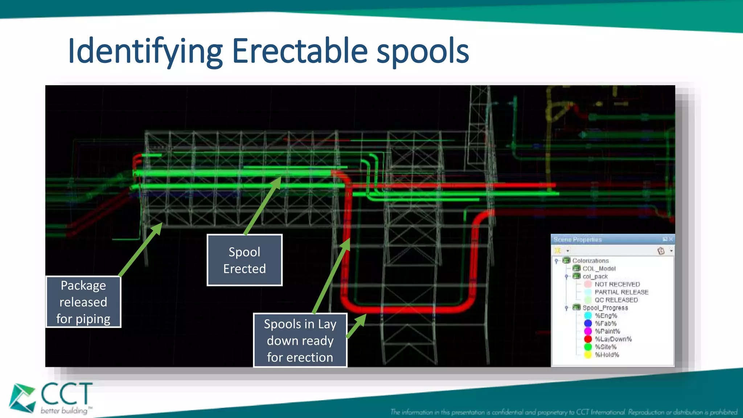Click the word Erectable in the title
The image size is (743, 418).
click(x=300, y=52)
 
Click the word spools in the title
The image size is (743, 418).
click(x=423, y=52)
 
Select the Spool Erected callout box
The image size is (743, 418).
click(x=244, y=260)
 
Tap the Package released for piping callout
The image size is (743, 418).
click(x=83, y=302)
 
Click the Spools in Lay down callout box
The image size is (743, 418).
click(x=300, y=340)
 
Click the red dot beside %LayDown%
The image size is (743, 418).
click(x=588, y=339)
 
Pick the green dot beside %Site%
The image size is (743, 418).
click(x=588, y=347)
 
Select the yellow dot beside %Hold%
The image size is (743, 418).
click(x=588, y=355)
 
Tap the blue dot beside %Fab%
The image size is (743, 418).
click(x=588, y=323)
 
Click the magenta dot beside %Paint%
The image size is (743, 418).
click(x=588, y=331)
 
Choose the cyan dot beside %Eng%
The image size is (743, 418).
click(x=588, y=316)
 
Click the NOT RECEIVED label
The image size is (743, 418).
click(x=617, y=284)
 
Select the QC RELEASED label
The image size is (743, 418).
click(x=616, y=300)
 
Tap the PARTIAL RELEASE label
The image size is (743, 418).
click(x=621, y=292)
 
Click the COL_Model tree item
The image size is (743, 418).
click(x=599, y=269)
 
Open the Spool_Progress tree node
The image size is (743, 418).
click(x=605, y=308)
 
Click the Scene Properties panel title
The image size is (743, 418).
click(x=578, y=239)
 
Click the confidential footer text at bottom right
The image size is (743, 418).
click(x=564, y=412)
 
